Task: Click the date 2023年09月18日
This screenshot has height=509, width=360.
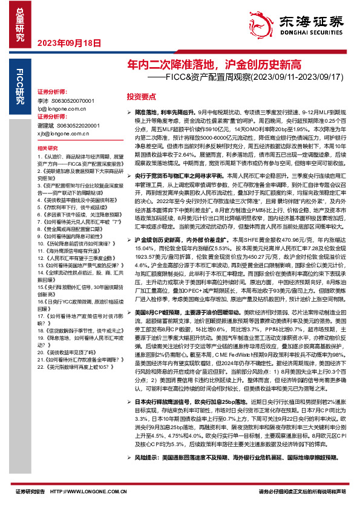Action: (61, 43)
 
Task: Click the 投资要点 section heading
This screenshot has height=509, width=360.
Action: (141, 97)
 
